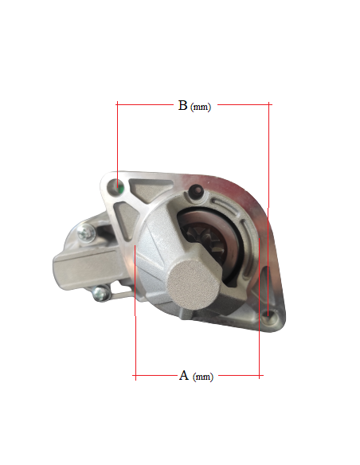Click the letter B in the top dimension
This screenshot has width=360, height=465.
182,105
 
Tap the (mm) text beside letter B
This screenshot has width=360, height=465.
201,107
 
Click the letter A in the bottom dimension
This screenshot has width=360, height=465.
184,376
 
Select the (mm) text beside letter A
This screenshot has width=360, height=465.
203,377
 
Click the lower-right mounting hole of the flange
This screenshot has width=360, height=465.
268,317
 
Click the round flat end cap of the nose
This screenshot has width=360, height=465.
193,284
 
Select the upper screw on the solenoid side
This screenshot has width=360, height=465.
86,233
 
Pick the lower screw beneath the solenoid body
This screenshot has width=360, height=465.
101,293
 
